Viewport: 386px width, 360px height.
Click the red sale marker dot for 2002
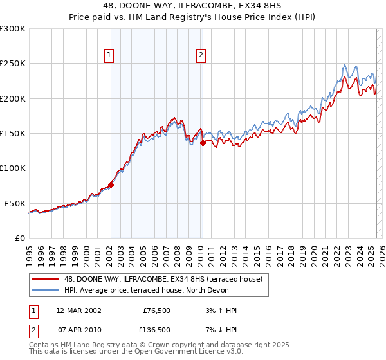pos(111,184)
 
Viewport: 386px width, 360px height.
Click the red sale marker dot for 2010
pos(203,143)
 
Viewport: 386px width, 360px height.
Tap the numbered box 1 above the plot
pos(110,56)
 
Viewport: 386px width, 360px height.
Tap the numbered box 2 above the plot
pos(201,56)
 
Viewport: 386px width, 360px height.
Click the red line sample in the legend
pos(45,280)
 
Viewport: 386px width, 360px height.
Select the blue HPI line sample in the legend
pos(45,290)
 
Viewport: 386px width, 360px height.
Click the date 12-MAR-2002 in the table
pos(78,310)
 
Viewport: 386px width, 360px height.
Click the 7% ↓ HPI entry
pos(219,330)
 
